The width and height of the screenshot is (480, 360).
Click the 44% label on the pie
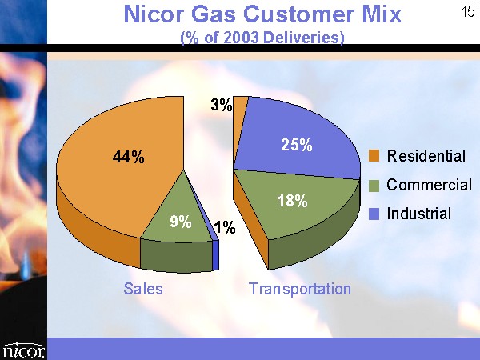click(x=128, y=157)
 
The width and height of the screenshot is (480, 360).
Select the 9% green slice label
click(x=181, y=222)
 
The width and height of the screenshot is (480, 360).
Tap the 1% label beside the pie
click(x=225, y=227)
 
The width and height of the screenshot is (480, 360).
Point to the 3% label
click(x=221, y=105)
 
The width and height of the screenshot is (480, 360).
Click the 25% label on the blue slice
click(x=297, y=145)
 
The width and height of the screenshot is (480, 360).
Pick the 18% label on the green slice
click(x=292, y=201)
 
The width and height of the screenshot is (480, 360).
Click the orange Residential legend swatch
click(x=374, y=156)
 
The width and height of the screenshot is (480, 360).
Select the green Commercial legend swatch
click(x=374, y=186)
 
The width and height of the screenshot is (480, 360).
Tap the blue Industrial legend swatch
click(x=374, y=214)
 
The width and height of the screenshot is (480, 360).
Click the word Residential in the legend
click(x=426, y=156)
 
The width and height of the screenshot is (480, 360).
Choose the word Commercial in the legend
click(x=429, y=185)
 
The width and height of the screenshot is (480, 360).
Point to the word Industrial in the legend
click(x=418, y=214)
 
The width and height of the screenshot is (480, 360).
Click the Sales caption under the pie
click(x=143, y=289)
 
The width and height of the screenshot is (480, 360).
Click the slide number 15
click(x=468, y=12)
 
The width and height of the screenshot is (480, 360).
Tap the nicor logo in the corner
click(x=23, y=350)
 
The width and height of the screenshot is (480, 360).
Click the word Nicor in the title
click(x=154, y=14)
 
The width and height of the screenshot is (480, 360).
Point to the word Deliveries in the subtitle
click(x=304, y=38)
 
